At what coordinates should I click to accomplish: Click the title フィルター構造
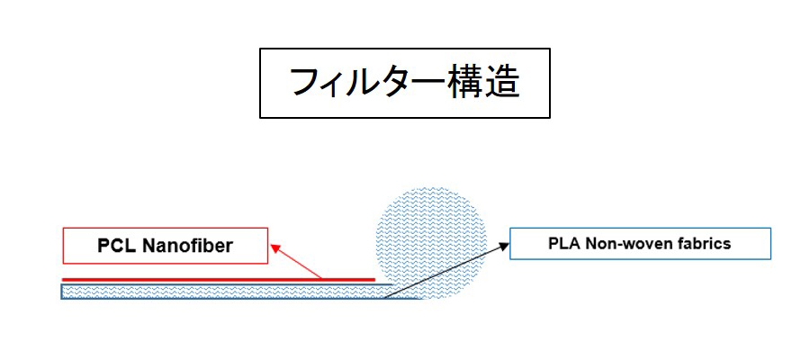[404, 83]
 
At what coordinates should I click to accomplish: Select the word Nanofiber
[187, 246]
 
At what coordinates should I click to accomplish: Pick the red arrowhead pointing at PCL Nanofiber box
[276, 248]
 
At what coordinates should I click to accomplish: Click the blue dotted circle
[430, 243]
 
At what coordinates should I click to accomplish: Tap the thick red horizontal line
[219, 279]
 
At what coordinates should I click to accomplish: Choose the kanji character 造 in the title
[501, 83]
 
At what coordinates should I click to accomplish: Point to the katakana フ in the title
[305, 83]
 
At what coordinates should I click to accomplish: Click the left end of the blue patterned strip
[62, 292]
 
